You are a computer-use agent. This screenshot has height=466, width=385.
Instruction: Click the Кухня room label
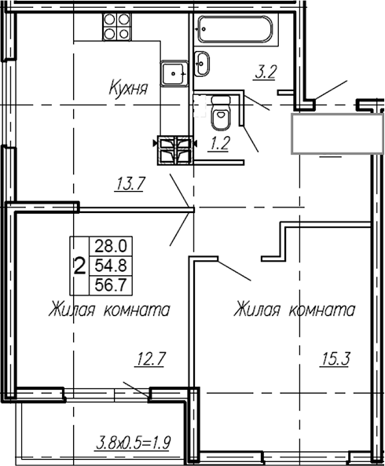click(129, 90)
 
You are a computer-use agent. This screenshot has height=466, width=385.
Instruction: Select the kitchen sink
click(174, 74)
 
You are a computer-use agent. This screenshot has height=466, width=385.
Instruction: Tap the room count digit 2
click(79, 265)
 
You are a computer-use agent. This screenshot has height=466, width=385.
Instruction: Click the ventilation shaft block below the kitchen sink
click(176, 150)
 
